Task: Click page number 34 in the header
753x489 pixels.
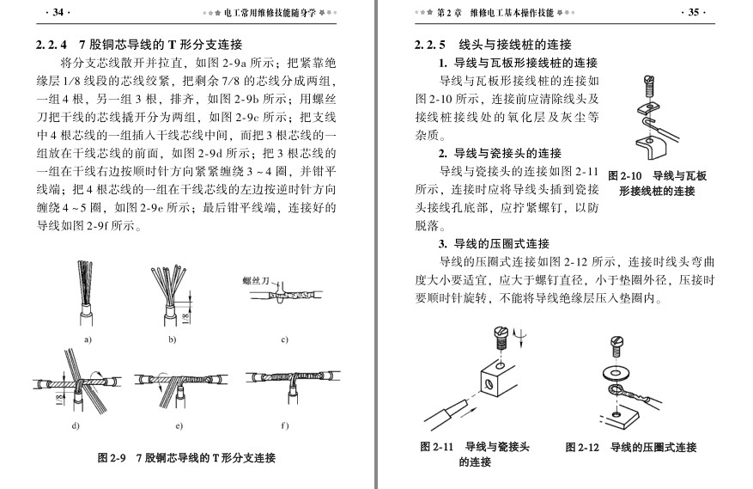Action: pyautogui.click(x=58, y=12)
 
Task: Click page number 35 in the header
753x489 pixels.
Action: pyautogui.click(x=694, y=12)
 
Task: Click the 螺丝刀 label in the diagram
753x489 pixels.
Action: pyautogui.click(x=256, y=281)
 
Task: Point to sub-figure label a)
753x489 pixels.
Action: pyautogui.click(x=88, y=339)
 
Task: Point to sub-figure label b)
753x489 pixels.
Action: pyautogui.click(x=172, y=339)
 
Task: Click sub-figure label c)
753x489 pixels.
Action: pyautogui.click(x=284, y=339)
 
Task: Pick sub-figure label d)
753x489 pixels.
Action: pyautogui.click(x=76, y=425)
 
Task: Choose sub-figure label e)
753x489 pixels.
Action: pyautogui.click(x=179, y=425)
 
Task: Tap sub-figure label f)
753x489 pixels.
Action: pyautogui.click(x=284, y=425)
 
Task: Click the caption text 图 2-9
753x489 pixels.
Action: pyautogui.click(x=112, y=458)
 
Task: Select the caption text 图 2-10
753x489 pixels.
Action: pyautogui.click(x=625, y=176)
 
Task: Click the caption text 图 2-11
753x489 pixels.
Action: pyautogui.click(x=436, y=447)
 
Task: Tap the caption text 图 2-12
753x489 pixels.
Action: pyautogui.click(x=582, y=447)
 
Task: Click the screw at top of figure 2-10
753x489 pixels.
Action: pyautogui.click(x=649, y=87)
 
